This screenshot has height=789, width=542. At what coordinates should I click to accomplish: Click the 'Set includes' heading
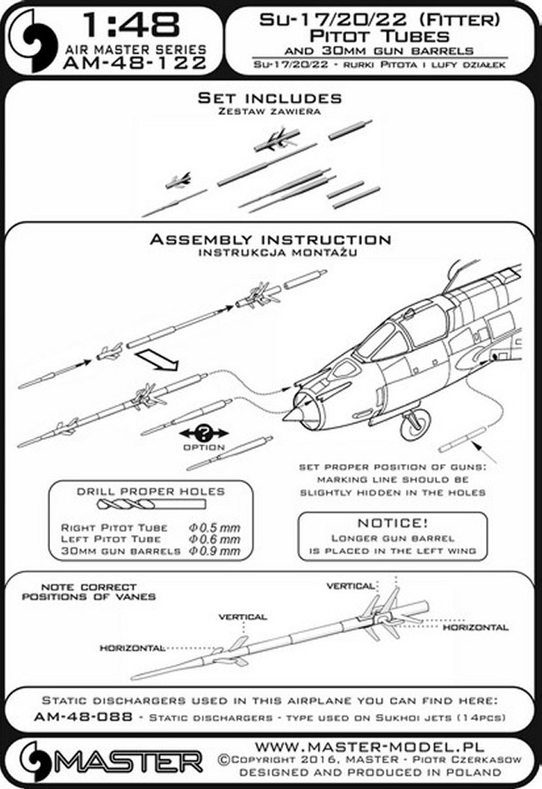click(x=270, y=99)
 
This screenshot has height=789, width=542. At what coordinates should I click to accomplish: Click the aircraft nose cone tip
click(x=289, y=414)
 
